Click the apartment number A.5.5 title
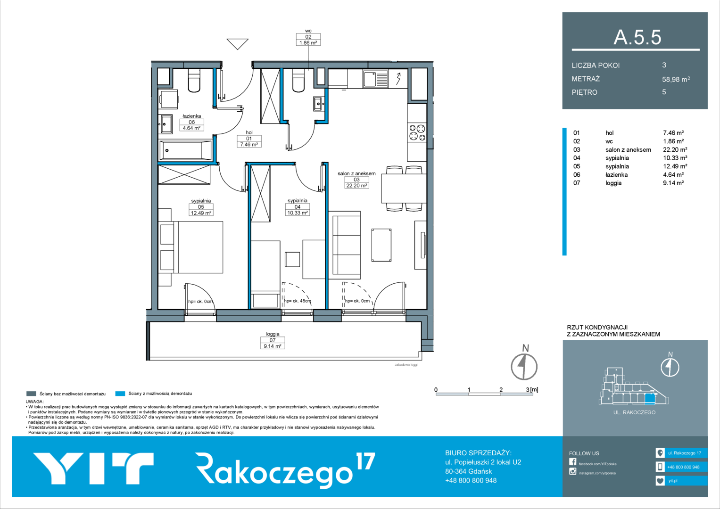[637, 37]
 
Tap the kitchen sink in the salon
[375, 79]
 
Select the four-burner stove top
[417, 133]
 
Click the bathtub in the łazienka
[186, 150]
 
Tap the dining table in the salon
[404, 189]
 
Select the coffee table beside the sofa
[381, 245]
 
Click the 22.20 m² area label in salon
[356, 185]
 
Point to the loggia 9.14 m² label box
[273, 343]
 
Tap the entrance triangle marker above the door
[238, 44]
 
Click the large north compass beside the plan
[524, 366]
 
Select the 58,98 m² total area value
[676, 79]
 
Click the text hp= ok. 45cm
[298, 301]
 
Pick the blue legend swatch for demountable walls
[120, 394]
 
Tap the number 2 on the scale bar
[501, 389]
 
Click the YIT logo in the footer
[93, 468]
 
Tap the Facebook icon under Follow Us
[572, 462]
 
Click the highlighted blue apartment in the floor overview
[650, 399]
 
